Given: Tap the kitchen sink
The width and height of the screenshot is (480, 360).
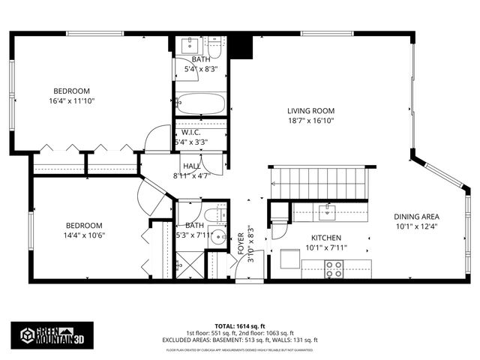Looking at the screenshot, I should click(x=326, y=212).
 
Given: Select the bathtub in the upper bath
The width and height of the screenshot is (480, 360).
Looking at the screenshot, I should click(x=200, y=103).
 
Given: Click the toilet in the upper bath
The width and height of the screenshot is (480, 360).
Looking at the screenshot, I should click(x=214, y=49).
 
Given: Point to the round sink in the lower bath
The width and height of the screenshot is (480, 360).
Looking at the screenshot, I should click(x=217, y=238).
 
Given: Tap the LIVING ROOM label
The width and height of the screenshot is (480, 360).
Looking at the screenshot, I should click(x=310, y=111).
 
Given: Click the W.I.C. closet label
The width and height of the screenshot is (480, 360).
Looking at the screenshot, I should click(x=190, y=132).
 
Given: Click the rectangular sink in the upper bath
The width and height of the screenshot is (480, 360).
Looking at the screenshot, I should click(x=190, y=45).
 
